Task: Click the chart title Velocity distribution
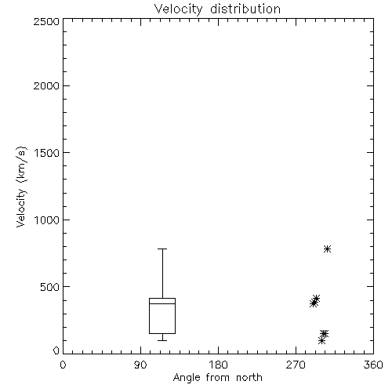click(x=217, y=9)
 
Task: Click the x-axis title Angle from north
click(x=217, y=378)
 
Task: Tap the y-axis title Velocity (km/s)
click(x=21, y=187)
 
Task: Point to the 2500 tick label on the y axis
click(x=47, y=21)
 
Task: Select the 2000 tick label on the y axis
click(x=47, y=85)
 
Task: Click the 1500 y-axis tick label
click(x=47, y=153)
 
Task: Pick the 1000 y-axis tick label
click(x=47, y=220)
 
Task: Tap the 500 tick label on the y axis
click(x=50, y=287)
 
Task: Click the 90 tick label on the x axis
click(x=140, y=365)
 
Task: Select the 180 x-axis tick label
click(x=218, y=365)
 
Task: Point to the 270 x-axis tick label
click(x=296, y=365)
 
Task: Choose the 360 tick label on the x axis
click(x=373, y=365)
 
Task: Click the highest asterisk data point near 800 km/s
click(x=327, y=249)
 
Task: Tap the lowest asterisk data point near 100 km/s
click(x=321, y=340)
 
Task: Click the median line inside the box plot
click(x=162, y=303)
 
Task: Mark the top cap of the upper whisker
click(x=162, y=249)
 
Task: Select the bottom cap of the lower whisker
click(x=162, y=340)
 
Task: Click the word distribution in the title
click(x=245, y=9)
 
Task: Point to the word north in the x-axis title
click(x=249, y=378)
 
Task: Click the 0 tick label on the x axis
click(x=63, y=365)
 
